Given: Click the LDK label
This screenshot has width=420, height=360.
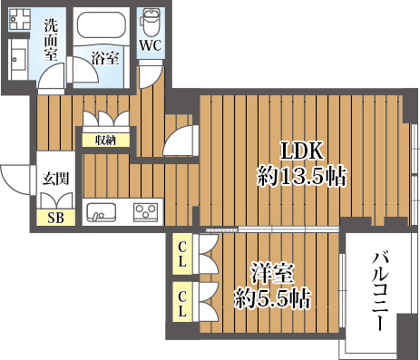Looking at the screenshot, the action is point(302,151).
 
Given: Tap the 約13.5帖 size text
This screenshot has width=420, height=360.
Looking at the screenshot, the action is point(301,176).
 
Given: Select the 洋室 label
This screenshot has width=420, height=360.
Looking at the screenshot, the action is point(273,274).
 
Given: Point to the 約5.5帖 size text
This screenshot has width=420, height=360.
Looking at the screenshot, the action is point(273,298).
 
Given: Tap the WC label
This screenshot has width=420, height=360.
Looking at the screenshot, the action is point(151,46).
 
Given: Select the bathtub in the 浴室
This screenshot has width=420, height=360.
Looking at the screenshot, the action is point(102,25).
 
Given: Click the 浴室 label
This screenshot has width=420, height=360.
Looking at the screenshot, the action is point(105,58).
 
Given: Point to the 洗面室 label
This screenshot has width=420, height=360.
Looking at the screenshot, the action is point(51,40).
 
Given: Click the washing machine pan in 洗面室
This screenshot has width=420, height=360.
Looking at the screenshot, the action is point(20,19).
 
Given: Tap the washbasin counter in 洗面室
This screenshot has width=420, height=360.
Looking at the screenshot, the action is point(18,60).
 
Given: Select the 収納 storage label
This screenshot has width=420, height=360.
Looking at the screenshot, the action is point(105,140).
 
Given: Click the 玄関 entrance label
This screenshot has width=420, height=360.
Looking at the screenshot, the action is point(55,179).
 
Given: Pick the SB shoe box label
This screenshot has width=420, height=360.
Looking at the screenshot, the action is point(56,218).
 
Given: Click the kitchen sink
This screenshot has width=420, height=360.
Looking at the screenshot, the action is point(102,212).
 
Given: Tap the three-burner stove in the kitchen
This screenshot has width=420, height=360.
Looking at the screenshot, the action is point(146,211).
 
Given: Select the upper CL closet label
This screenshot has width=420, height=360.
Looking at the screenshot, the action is point(181,255).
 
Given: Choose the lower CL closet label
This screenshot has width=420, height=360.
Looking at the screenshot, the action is point(181,303).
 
